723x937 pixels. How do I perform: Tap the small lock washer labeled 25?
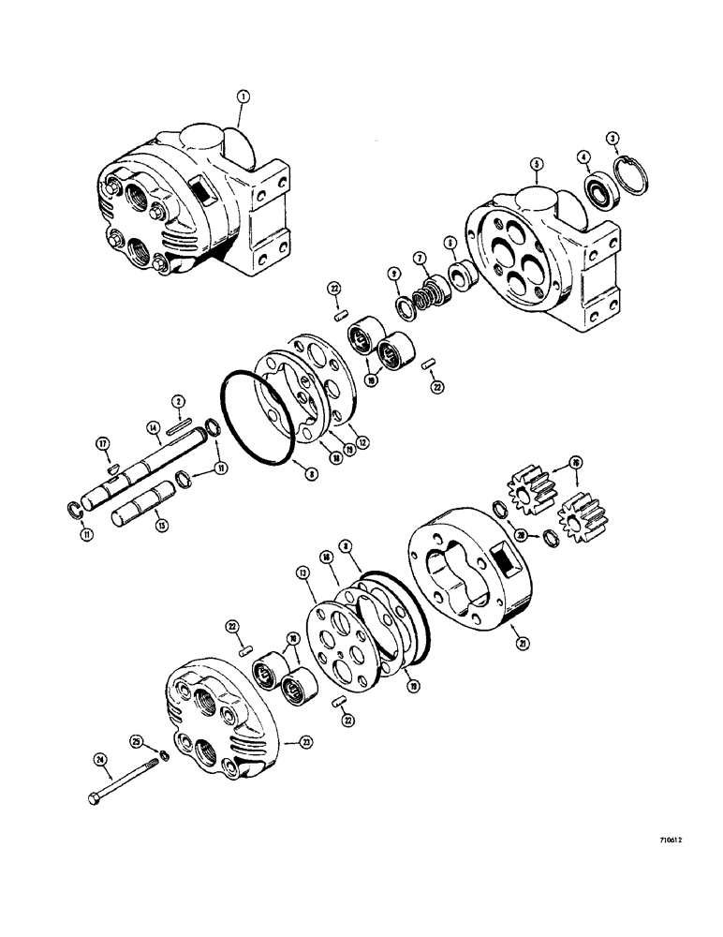163,756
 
